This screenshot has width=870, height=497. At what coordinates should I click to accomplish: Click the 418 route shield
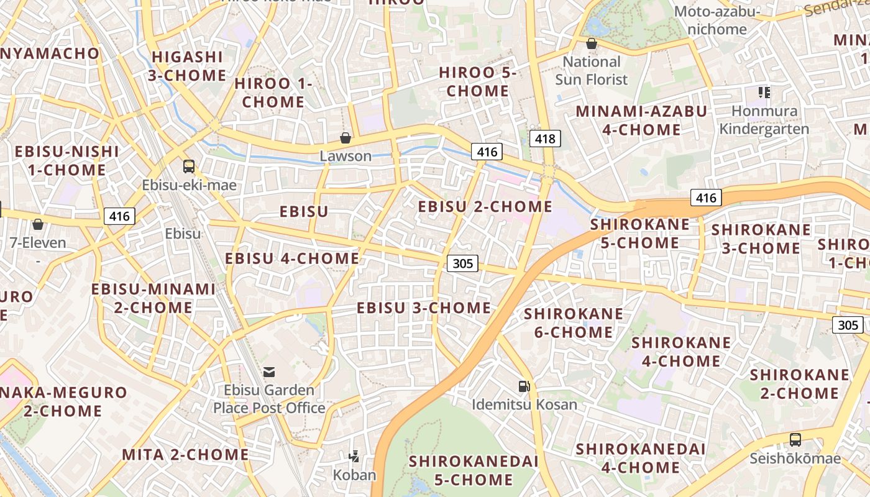[x=545, y=139]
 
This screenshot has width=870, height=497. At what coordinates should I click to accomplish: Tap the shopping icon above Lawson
[x=346, y=138]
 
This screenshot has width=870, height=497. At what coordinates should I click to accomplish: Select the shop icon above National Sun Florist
[x=592, y=43]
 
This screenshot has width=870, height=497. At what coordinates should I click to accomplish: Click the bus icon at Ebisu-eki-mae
[x=189, y=166]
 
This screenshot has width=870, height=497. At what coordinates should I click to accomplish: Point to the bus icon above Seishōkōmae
[x=795, y=440]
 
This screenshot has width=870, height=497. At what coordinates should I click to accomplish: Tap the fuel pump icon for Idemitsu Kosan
[x=524, y=386]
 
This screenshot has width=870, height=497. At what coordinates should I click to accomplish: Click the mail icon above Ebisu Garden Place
[x=269, y=372]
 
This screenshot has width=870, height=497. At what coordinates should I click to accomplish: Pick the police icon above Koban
[x=354, y=457]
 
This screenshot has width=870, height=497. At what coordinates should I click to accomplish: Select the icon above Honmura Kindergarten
[x=764, y=93]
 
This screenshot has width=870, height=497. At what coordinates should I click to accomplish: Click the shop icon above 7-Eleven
[x=38, y=224]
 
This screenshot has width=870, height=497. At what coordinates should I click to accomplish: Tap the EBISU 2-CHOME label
[x=485, y=206]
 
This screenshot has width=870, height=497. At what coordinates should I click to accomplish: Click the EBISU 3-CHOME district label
[x=424, y=308]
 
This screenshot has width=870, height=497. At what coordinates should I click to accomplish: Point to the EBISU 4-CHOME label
[x=292, y=258]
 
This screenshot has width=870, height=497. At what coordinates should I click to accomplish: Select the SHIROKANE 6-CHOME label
[x=574, y=322]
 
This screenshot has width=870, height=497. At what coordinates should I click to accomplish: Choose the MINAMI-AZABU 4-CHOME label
[x=641, y=121]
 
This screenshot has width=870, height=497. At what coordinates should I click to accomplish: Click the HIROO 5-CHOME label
[x=478, y=81]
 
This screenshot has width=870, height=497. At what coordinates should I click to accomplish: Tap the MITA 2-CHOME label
[x=185, y=454]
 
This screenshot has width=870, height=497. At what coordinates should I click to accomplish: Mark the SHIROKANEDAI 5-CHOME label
[x=474, y=470]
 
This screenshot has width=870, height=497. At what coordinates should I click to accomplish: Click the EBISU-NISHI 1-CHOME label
[x=67, y=160]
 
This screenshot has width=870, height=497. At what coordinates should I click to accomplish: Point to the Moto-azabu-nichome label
[x=717, y=21]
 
